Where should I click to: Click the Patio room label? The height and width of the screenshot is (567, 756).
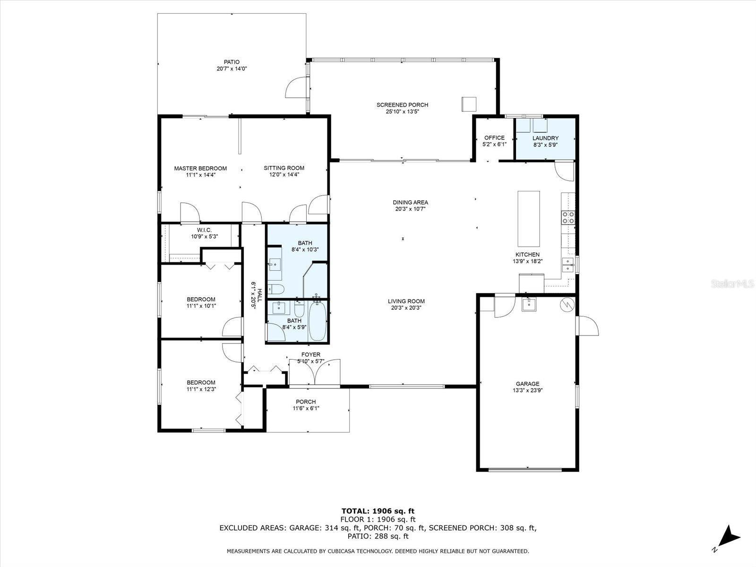(x=232, y=62)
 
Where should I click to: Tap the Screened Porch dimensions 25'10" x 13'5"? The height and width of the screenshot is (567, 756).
(x=402, y=112)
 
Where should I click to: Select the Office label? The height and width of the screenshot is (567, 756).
(x=494, y=137)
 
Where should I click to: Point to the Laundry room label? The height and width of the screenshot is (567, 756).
(x=545, y=138)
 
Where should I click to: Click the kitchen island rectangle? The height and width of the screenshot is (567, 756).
(x=528, y=219)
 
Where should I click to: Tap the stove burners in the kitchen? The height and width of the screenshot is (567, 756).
(x=568, y=217)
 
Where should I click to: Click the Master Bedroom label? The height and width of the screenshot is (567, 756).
(x=200, y=168)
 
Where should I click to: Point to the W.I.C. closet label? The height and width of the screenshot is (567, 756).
(x=204, y=230)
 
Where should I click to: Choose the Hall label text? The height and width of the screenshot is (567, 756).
(x=259, y=295)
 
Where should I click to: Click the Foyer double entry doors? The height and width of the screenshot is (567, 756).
(x=315, y=372)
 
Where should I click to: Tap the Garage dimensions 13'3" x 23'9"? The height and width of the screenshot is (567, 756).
(x=527, y=390)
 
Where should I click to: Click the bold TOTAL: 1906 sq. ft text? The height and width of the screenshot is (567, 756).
(x=378, y=511)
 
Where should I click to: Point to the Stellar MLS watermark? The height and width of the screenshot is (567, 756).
(x=731, y=283)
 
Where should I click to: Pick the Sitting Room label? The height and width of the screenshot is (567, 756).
(x=284, y=168)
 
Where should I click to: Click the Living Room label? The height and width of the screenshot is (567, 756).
(x=406, y=301)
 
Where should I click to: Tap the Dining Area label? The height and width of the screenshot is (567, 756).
(x=410, y=202)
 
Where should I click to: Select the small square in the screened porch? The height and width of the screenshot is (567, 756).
(x=469, y=104)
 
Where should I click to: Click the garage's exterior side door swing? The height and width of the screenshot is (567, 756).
(x=587, y=326)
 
